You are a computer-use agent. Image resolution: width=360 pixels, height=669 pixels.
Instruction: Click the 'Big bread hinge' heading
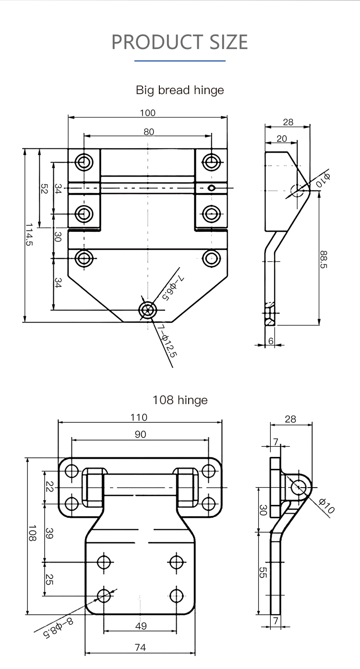[180, 90]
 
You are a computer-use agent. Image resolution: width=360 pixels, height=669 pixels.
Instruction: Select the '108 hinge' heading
[180, 400]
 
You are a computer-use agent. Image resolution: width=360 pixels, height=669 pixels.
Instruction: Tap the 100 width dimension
[148, 113]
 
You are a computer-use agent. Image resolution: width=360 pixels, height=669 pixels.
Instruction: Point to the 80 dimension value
[149, 131]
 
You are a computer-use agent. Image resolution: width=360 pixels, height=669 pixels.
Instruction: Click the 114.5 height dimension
[29, 235]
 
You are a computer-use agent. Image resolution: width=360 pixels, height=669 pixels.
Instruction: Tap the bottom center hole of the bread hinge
[147, 310]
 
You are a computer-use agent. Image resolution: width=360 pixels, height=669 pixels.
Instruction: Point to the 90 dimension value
[140, 434]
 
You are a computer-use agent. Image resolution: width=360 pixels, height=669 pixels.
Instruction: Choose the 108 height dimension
[32, 533]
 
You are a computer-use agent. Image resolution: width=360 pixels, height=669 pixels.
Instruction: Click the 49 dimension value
[141, 626]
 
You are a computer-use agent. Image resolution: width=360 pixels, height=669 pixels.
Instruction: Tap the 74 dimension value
[140, 647]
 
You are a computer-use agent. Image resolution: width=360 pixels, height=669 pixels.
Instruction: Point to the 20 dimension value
[282, 138]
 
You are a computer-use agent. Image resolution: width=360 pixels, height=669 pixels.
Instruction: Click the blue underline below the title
[180, 61]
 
